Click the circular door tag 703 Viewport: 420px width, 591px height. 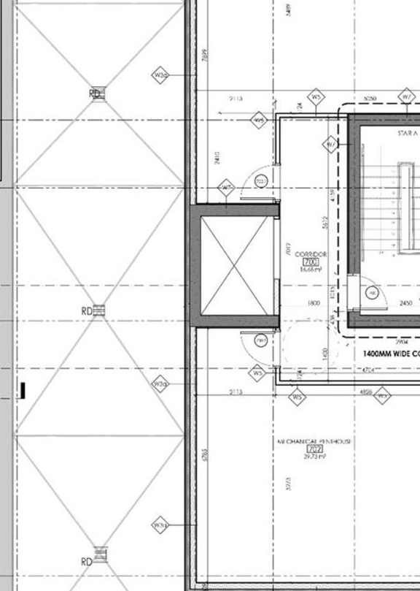pyautogui.click(x=260, y=180)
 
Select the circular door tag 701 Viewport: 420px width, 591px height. pyautogui.click(x=260, y=340)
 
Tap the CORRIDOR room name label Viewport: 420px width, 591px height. pyautogui.click(x=311, y=254)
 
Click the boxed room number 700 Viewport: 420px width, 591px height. pyautogui.click(x=311, y=262)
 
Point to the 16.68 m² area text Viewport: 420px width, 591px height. pyautogui.click(x=311, y=269)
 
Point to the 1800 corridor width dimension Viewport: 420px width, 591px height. pyautogui.click(x=314, y=302)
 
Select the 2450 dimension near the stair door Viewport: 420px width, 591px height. pyautogui.click(x=406, y=302)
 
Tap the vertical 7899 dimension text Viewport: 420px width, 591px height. pyautogui.click(x=205, y=56)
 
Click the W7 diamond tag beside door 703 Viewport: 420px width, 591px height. pyautogui.click(x=227, y=188)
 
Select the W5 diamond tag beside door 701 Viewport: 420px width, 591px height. pyautogui.click(x=257, y=373)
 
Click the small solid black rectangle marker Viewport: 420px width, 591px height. pyautogui.click(x=23, y=391)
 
